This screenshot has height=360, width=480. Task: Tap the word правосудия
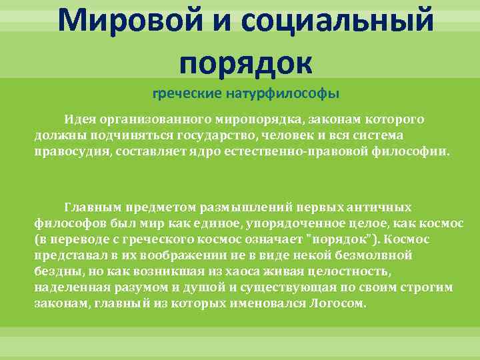tap(72, 151)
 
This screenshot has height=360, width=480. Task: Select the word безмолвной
tap(378, 255)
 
